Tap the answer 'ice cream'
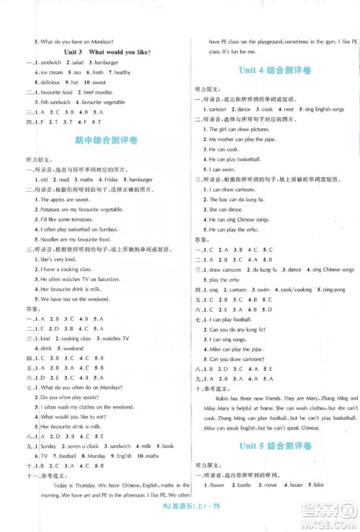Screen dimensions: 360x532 point(51,73)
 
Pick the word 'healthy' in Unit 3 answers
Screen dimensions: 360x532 point(122,73)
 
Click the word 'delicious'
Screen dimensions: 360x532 point(52,83)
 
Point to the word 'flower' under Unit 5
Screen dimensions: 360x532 point(217,485)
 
